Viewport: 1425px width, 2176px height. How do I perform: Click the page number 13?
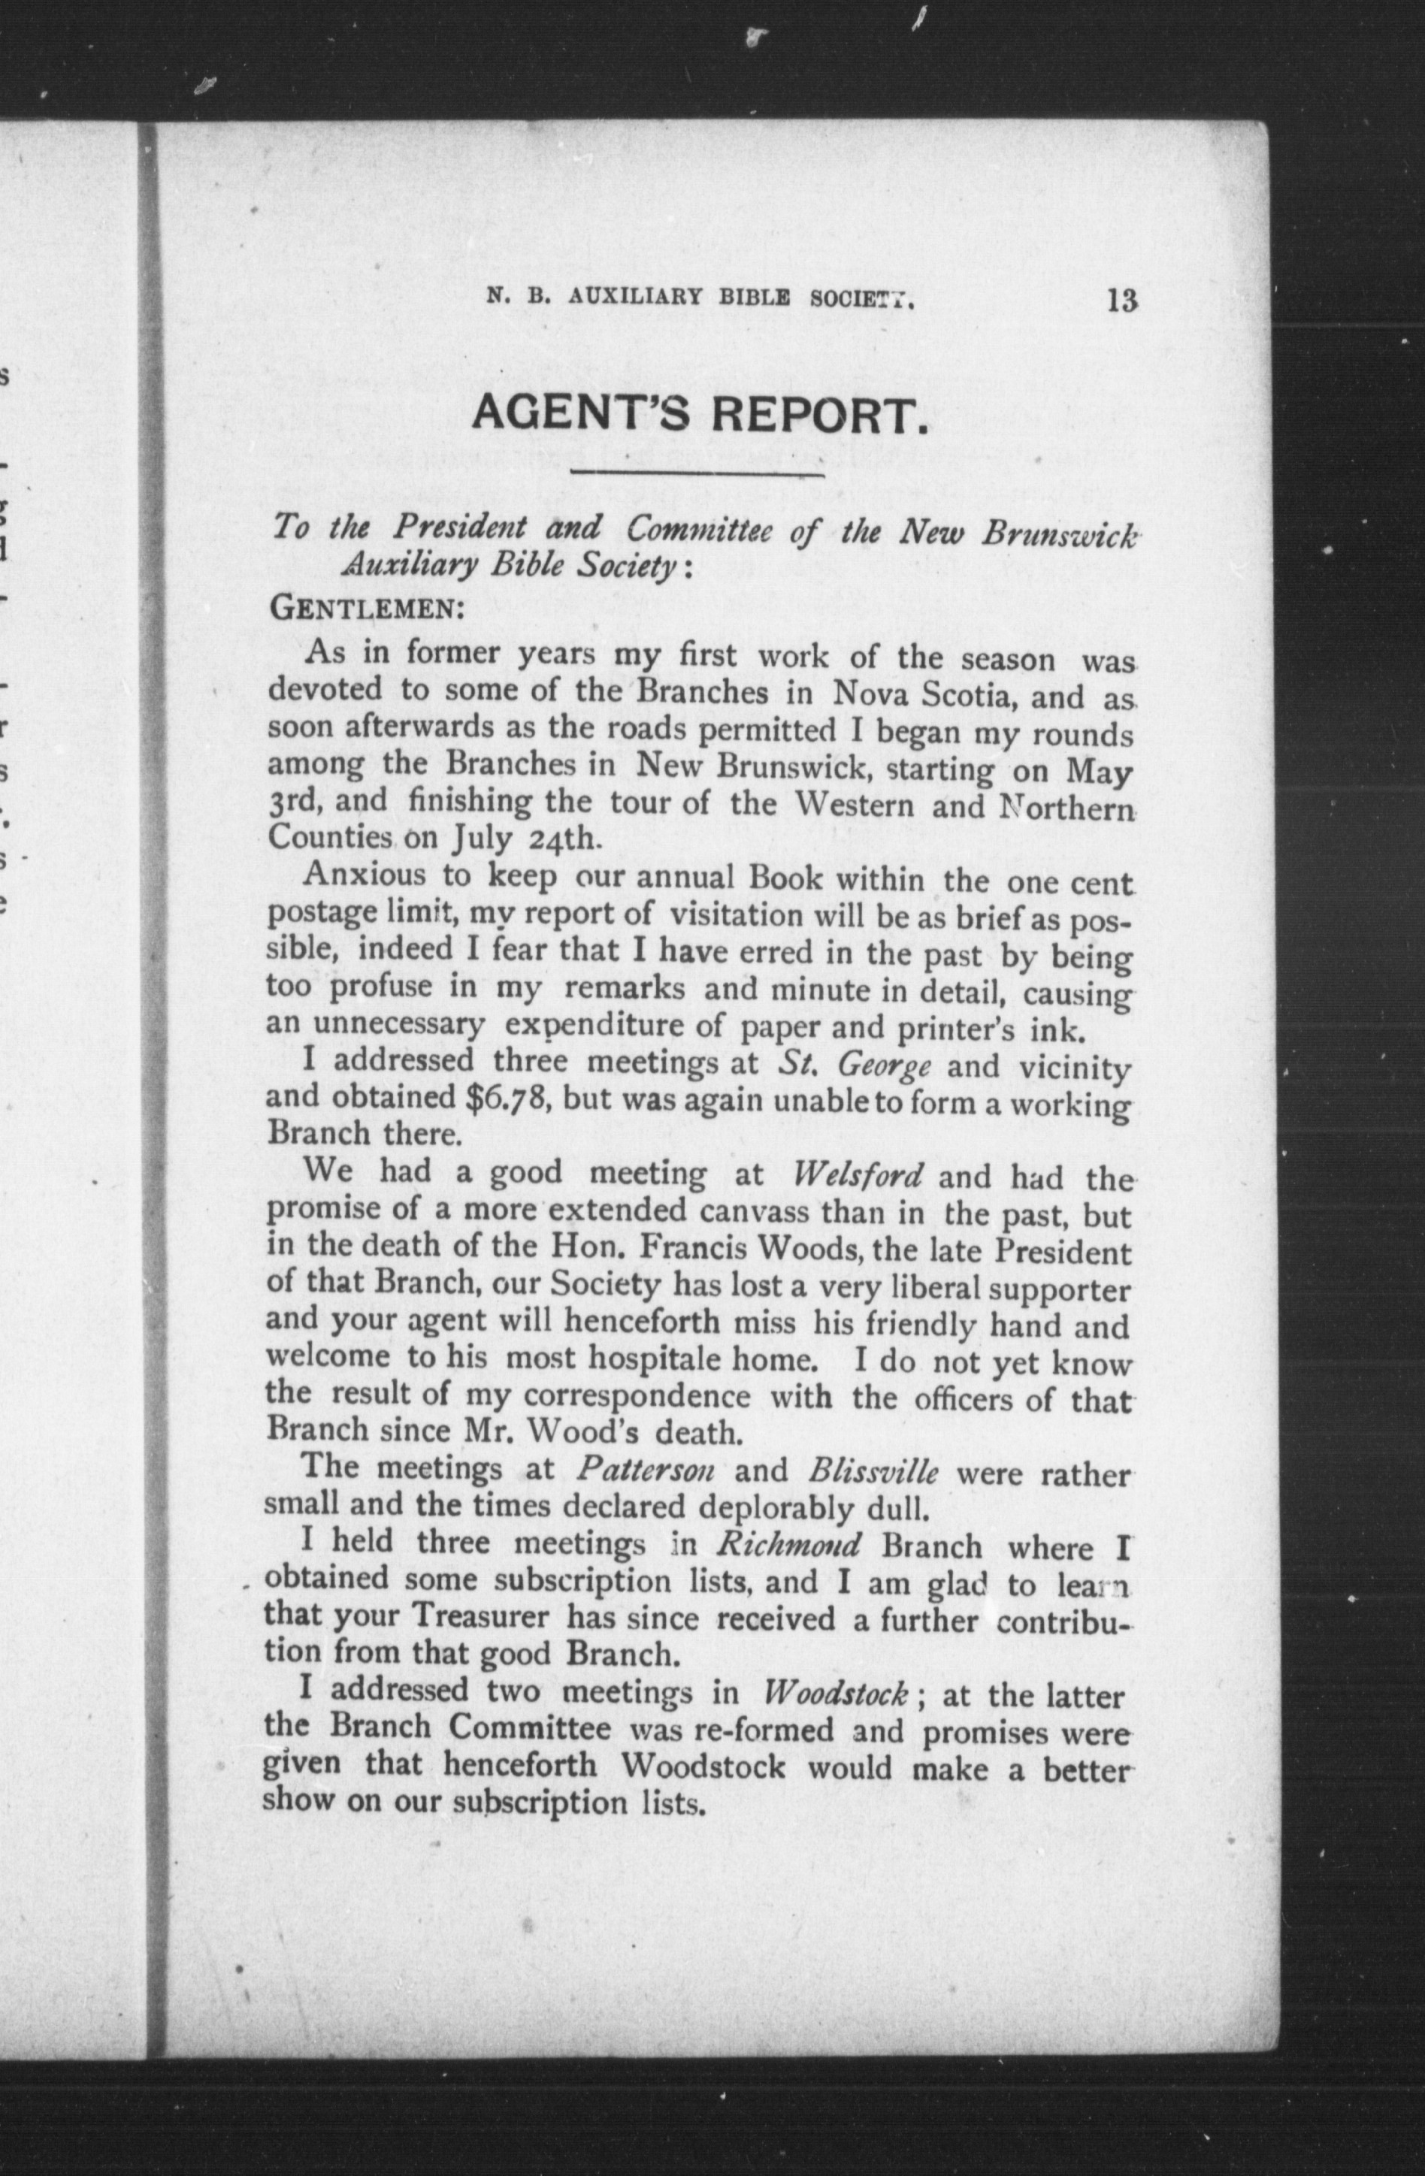click(1121, 301)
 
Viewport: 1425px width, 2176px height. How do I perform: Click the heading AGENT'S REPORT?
click(700, 417)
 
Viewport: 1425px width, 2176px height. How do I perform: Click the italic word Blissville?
click(873, 1471)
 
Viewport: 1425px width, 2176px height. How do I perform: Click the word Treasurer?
click(481, 1618)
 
